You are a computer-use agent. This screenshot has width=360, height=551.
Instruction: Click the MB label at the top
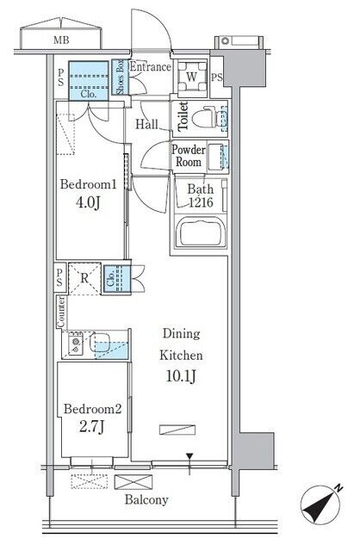coord(61,40)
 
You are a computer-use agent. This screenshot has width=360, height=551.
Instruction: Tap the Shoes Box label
coord(120,77)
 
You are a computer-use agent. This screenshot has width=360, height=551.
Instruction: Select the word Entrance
coord(150,67)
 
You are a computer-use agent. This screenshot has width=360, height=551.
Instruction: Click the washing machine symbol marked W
coord(191,77)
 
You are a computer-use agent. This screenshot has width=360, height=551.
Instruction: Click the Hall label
coord(146,124)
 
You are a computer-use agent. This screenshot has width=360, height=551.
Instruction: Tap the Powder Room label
coord(189,156)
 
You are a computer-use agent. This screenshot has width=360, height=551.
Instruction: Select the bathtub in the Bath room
coord(200,232)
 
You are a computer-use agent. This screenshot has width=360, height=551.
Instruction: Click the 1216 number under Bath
coord(201,202)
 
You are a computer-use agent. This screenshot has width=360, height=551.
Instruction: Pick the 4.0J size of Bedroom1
coord(88,203)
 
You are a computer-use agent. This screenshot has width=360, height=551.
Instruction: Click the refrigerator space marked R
coord(84,278)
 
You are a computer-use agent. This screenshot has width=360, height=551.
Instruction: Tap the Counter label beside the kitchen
coord(61,313)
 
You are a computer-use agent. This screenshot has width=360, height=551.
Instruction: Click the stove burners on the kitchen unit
coord(76,344)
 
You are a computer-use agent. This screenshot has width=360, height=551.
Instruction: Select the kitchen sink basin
coord(100,343)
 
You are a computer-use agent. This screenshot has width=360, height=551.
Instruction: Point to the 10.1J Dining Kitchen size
coord(181,376)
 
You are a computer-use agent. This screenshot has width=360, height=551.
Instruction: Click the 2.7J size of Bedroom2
coord(91,427)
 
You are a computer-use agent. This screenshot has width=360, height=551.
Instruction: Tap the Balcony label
coord(146,499)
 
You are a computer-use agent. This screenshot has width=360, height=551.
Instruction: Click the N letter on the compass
coord(338,488)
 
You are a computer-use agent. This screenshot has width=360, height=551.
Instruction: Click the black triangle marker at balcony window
coord(189,456)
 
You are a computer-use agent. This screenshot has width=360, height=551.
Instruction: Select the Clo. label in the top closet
coord(88,94)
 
